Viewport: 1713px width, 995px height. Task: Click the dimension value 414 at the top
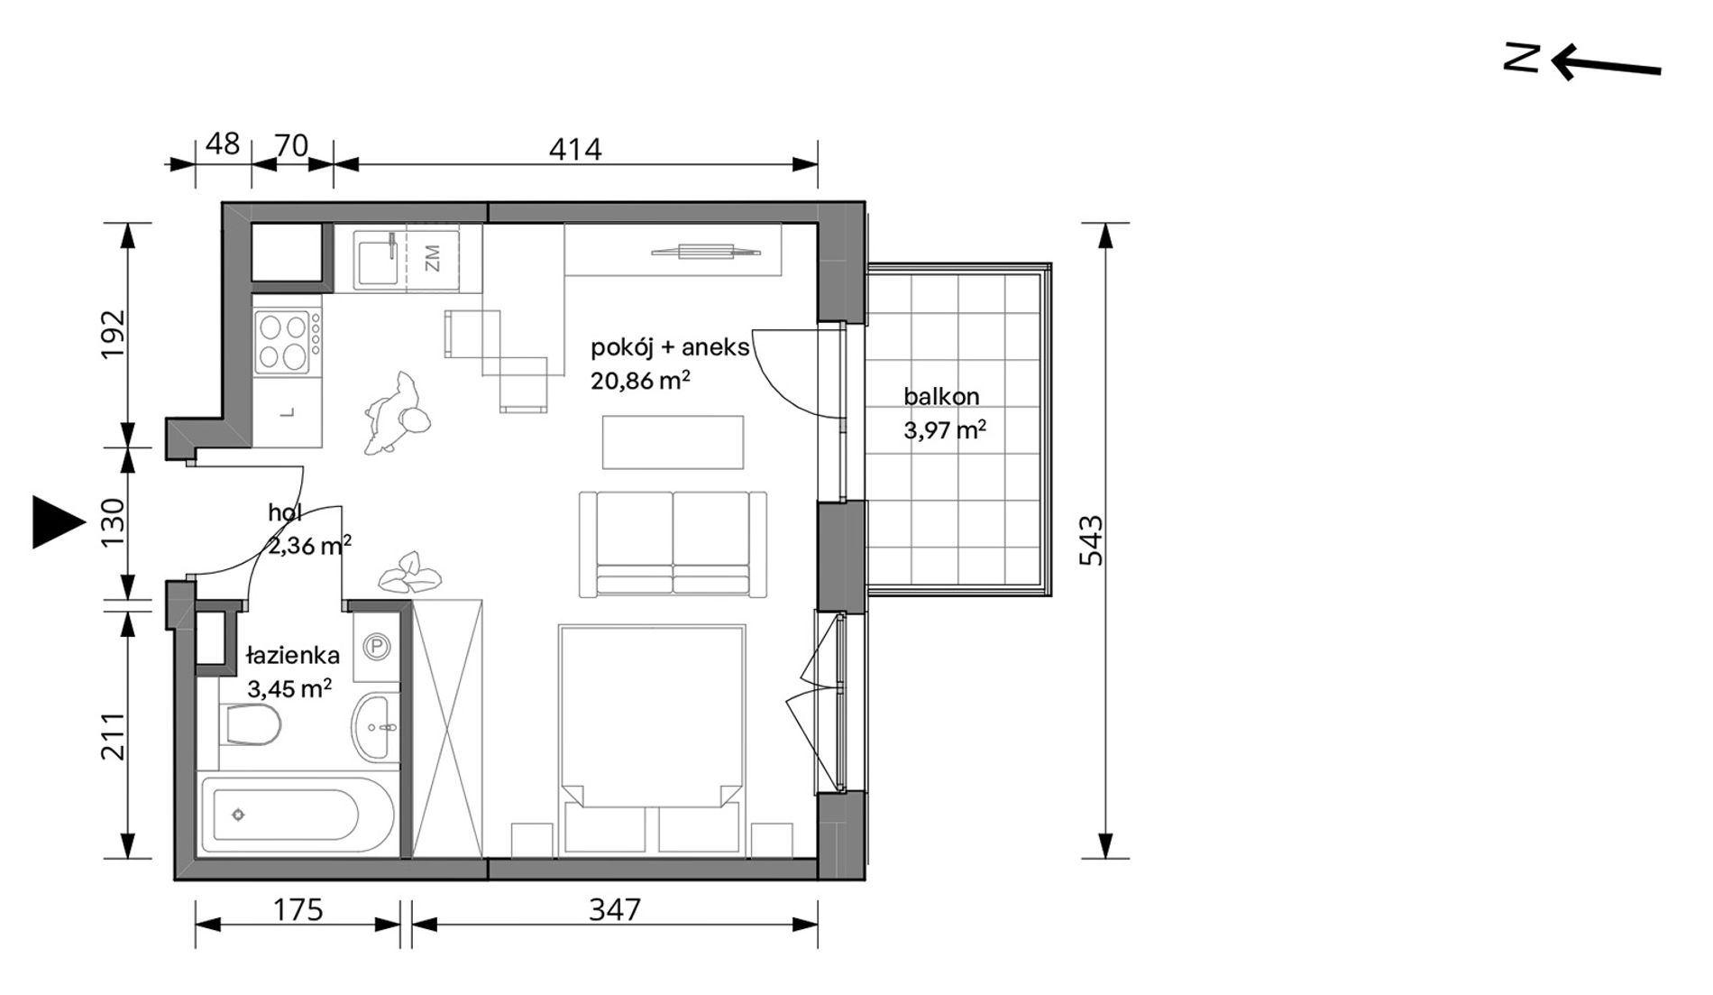[575, 149]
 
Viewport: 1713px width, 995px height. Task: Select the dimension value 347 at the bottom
[615, 909]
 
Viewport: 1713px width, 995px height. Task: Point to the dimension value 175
[298, 909]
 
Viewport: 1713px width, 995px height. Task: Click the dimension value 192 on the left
[114, 335]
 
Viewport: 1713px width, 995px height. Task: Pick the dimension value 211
[114, 735]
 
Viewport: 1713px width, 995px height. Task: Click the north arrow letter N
[1522, 58]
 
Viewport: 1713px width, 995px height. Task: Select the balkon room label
[941, 396]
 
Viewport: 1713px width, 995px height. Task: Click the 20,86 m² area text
[641, 381]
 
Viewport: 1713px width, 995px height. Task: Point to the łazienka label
[293, 656]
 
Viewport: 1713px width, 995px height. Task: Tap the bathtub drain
[238, 815]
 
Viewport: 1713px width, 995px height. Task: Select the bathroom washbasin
[373, 727]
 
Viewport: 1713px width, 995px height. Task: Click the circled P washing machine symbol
[376, 646]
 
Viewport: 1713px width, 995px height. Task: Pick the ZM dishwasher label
[432, 259]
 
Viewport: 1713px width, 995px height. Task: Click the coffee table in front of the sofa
[673, 442]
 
